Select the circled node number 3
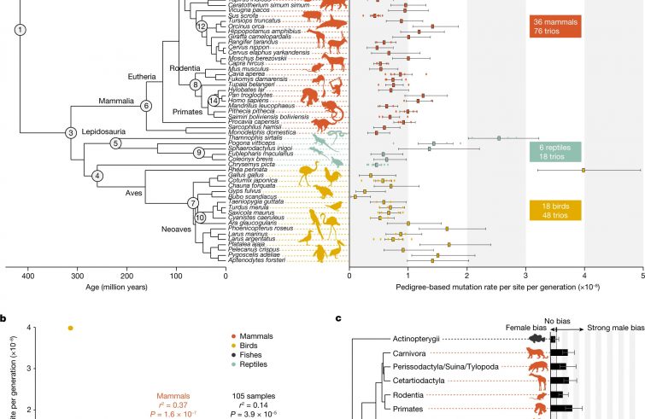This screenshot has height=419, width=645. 71,132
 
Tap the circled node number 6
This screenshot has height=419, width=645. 145,105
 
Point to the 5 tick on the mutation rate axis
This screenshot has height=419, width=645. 642,275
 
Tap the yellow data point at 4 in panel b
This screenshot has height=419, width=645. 70,328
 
